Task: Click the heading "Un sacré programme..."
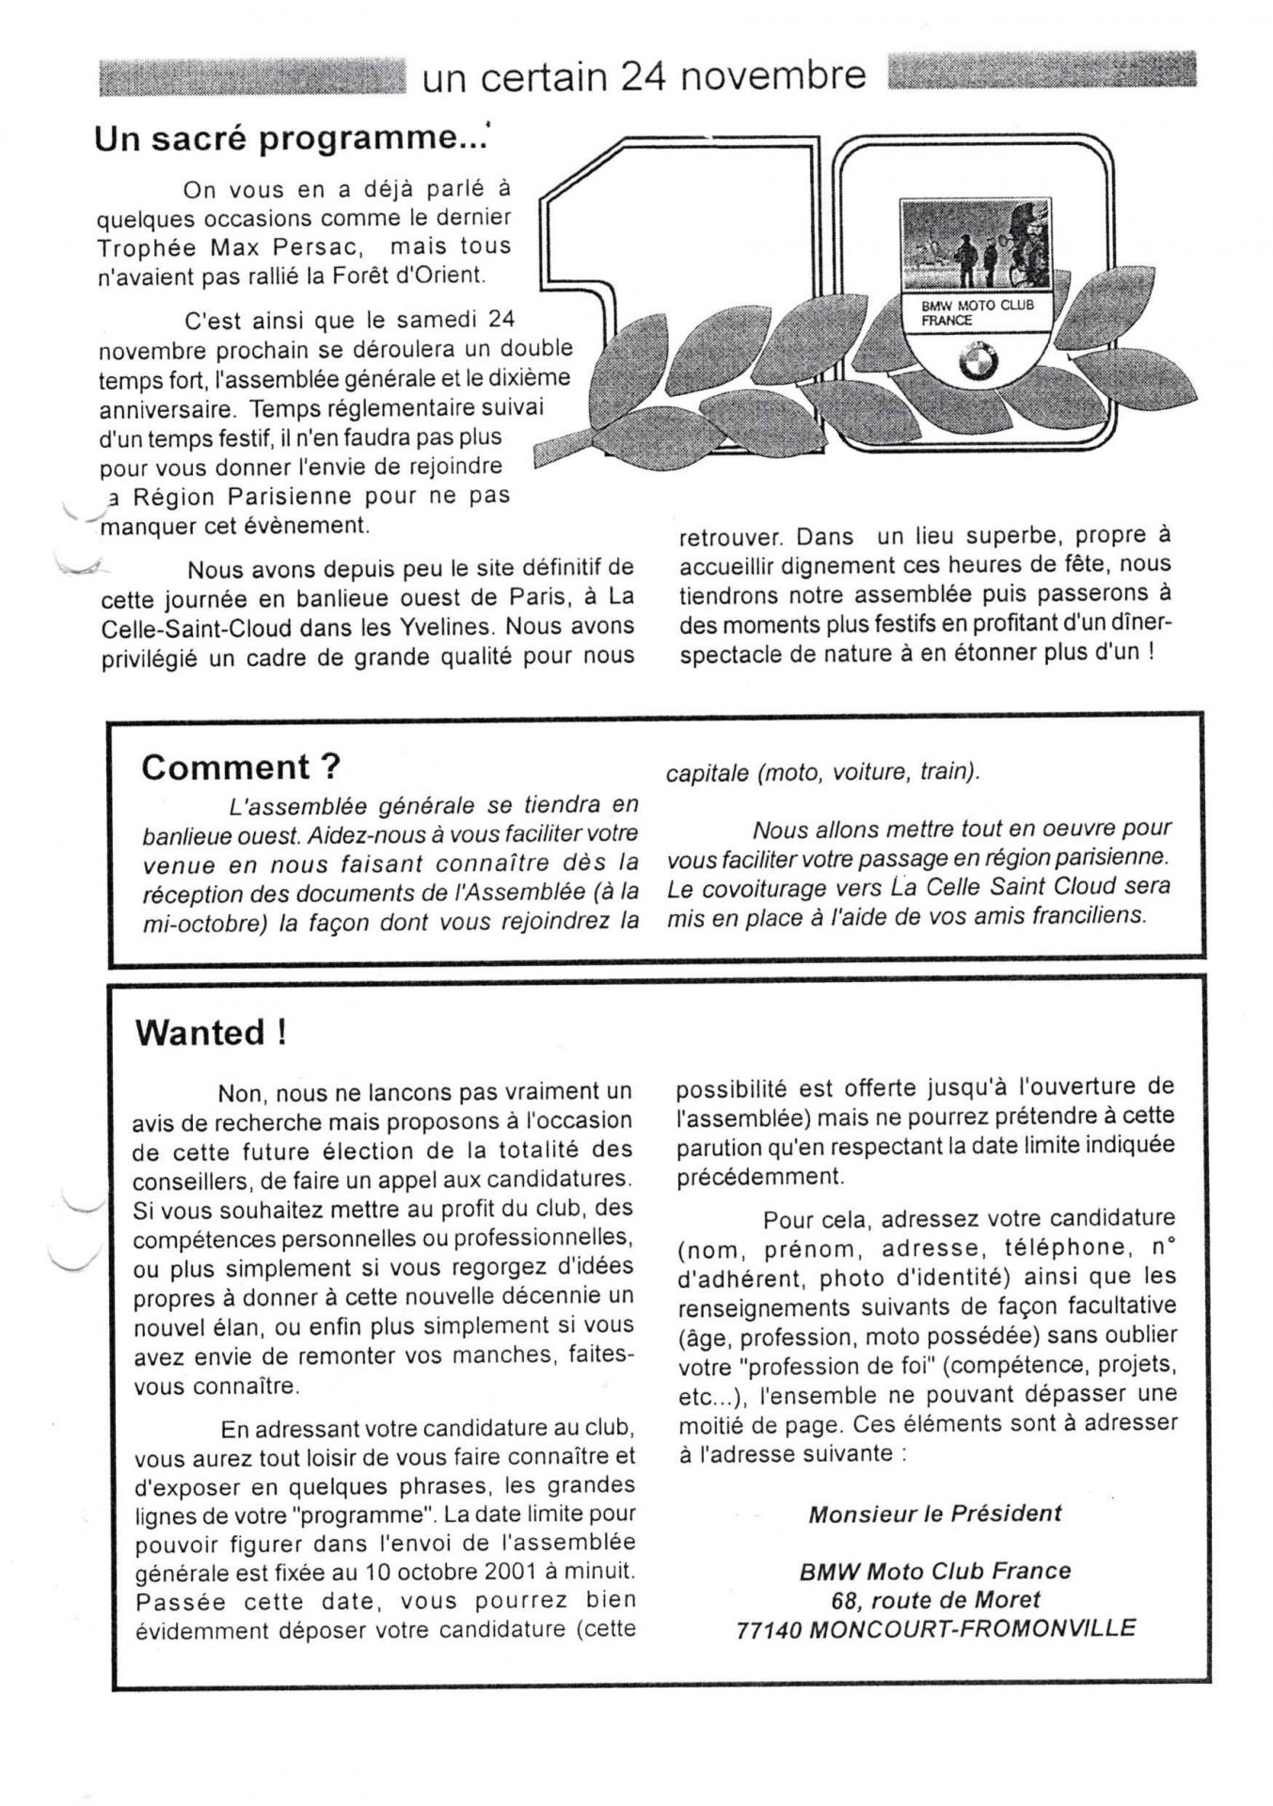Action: (291, 139)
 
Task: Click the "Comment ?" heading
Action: (241, 768)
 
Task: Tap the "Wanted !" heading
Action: (211, 1033)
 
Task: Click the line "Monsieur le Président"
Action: (934, 1513)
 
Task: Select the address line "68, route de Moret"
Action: (935, 1599)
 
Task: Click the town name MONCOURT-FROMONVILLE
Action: (972, 1628)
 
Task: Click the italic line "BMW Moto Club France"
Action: (934, 1571)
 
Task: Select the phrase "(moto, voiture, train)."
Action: (823, 772)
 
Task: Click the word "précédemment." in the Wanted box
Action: (760, 1176)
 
